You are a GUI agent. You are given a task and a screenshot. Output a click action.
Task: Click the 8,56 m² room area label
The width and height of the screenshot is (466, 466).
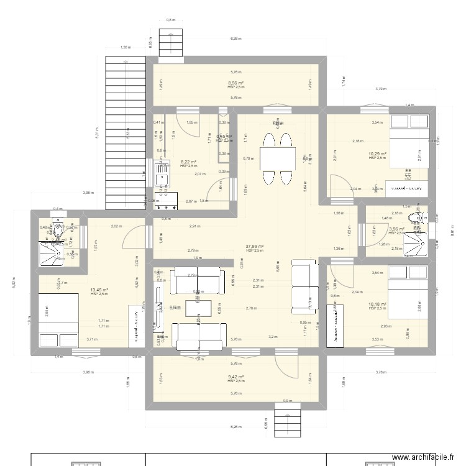(235, 83)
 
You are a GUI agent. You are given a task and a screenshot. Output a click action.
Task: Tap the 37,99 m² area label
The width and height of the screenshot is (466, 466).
(255, 246)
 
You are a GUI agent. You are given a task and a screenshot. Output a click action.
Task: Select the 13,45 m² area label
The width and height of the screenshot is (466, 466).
(99, 290)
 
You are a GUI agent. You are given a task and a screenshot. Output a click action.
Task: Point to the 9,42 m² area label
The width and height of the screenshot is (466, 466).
(235, 377)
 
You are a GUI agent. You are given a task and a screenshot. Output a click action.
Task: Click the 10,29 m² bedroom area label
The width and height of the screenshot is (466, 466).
(377, 154)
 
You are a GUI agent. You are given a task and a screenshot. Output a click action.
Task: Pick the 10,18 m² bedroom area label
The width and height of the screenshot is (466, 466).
(377, 304)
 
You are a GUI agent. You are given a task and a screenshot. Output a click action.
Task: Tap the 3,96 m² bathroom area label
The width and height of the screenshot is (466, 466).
(396, 229)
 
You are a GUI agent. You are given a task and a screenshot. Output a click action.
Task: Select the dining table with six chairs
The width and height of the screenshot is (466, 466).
(278, 160)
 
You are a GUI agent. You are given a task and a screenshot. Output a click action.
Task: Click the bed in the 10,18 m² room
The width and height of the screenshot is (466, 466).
(408, 290)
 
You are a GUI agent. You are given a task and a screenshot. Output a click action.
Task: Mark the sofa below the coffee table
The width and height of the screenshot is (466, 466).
(199, 336)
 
